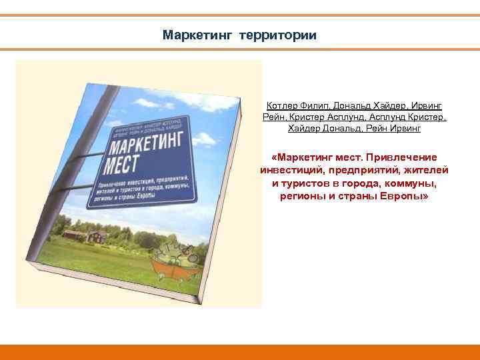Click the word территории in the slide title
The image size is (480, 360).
coord(278,35)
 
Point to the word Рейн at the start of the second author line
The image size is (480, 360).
coord(274,117)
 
